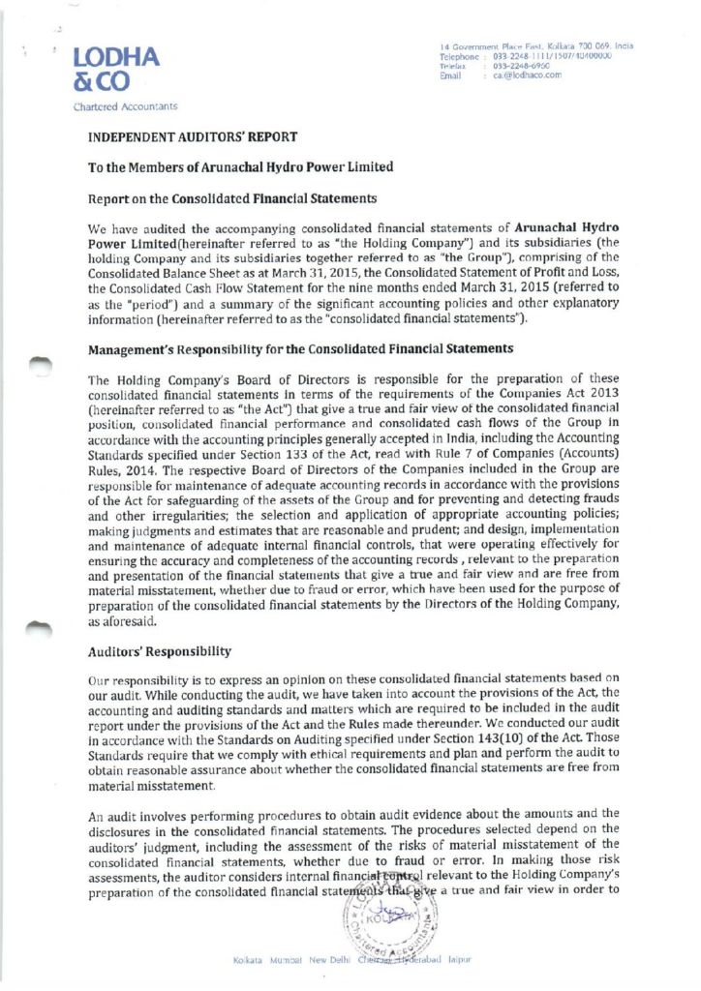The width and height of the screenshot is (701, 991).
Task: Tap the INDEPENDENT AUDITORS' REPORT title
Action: [x=192, y=137]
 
